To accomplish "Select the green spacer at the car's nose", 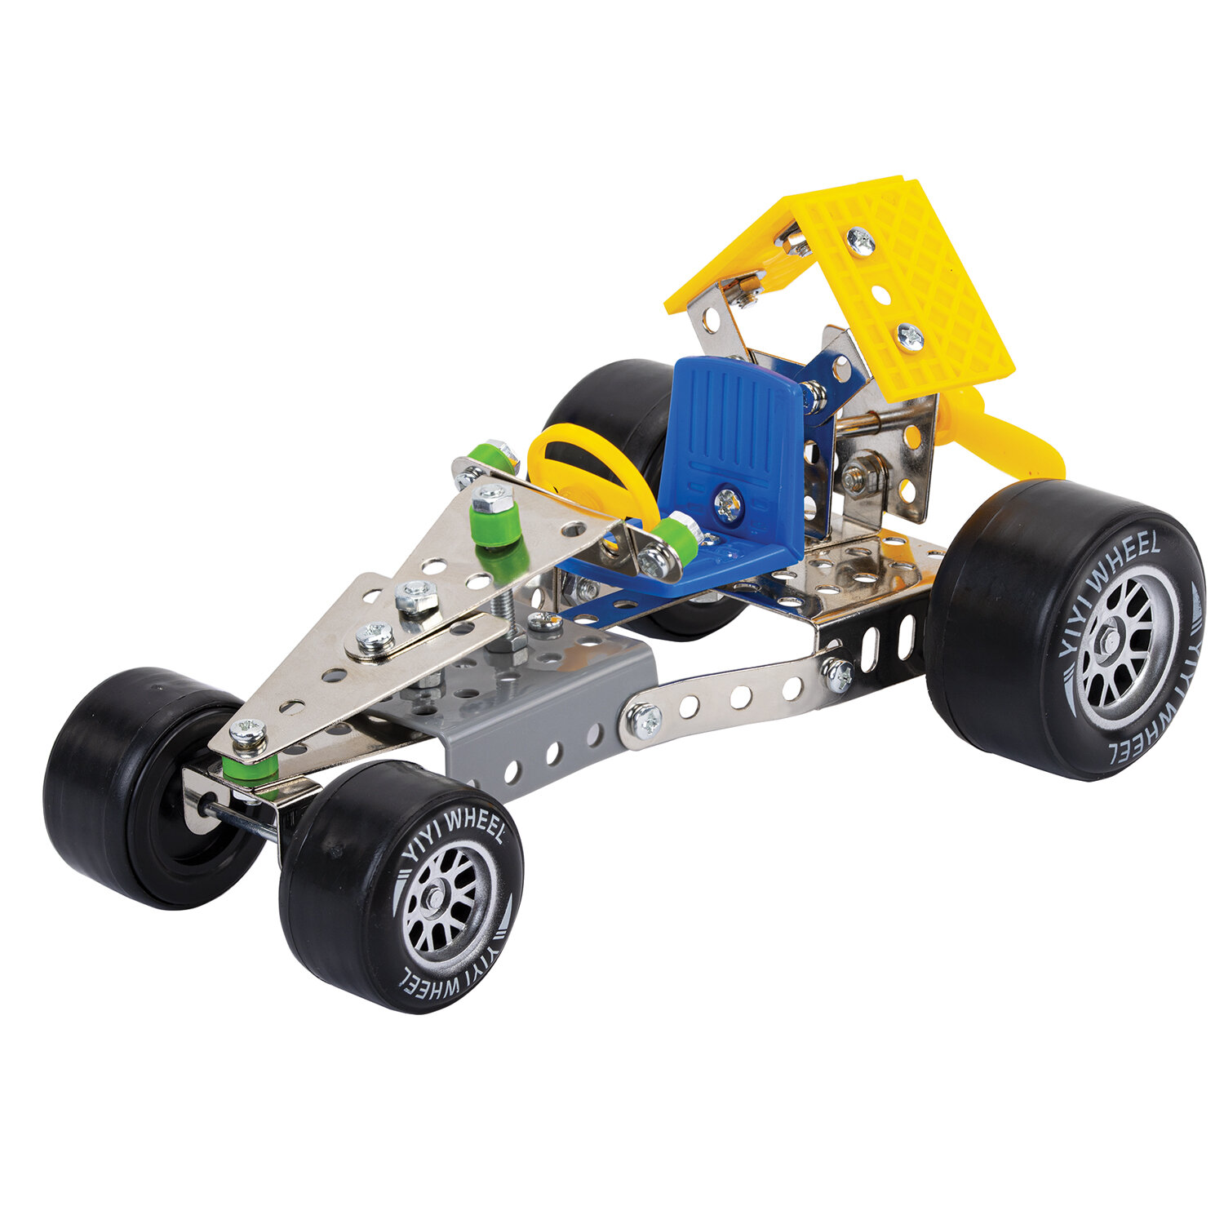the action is (250, 765).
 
